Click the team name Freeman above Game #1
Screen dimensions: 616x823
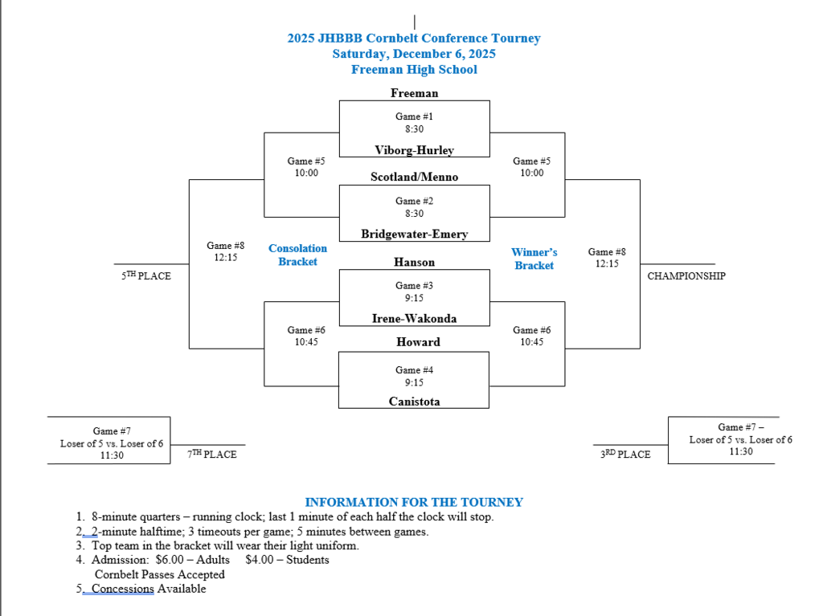point(414,93)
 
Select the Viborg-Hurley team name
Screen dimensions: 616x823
point(414,150)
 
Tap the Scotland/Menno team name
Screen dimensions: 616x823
point(414,177)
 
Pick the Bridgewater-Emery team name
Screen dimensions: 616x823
point(414,235)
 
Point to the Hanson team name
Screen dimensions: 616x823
point(414,262)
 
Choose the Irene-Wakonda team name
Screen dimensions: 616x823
point(414,319)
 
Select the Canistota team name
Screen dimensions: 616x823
point(414,402)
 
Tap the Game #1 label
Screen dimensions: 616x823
point(414,116)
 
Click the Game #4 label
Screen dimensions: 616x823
point(414,370)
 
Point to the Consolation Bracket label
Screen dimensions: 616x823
point(297,255)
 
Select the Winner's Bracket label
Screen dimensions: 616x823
point(534,259)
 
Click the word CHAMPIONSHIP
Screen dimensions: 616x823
point(686,276)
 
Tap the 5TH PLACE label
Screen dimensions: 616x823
point(146,276)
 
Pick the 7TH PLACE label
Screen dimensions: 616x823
point(212,455)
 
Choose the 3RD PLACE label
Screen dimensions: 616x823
point(625,455)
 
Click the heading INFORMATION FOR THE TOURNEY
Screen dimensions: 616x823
point(414,503)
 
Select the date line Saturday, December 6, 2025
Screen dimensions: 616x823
point(414,54)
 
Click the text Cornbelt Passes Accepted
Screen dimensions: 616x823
point(159,574)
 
